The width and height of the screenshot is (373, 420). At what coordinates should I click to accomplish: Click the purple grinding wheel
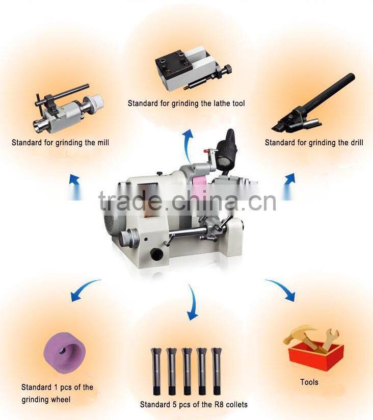point(66,351)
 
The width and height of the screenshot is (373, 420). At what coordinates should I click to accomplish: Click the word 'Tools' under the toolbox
point(309,382)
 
